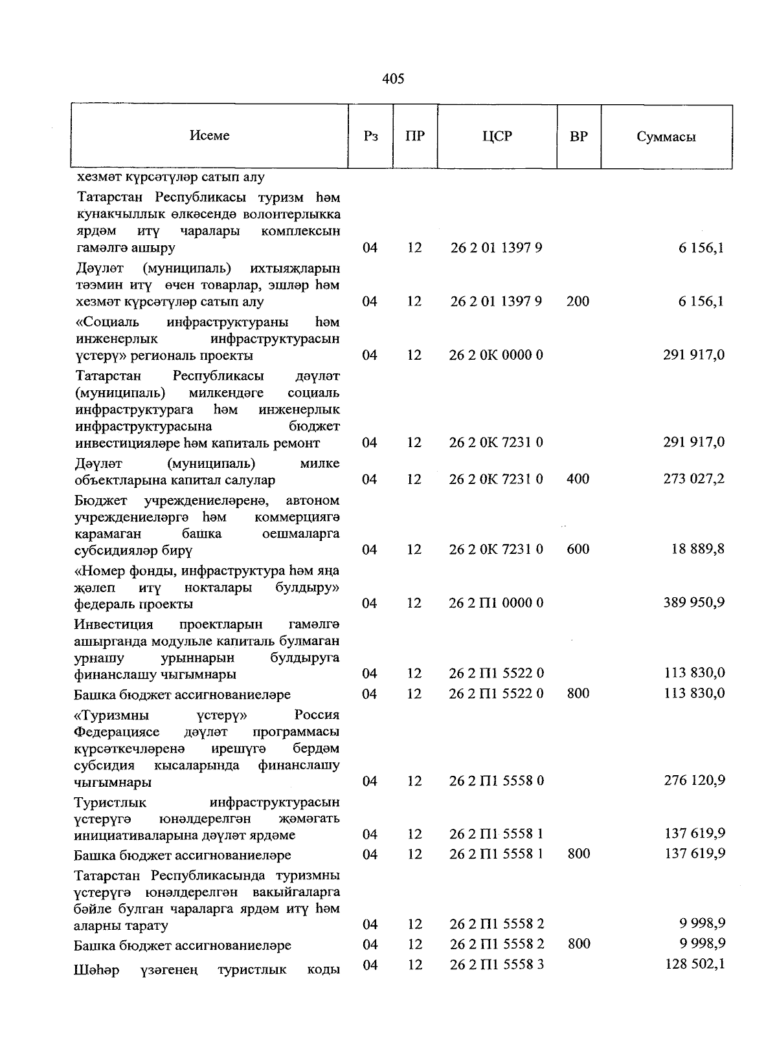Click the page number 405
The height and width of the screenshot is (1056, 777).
[393, 79]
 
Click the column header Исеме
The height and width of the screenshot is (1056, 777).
[210, 136]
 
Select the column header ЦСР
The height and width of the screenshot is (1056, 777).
[497, 137]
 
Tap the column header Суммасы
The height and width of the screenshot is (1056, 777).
[666, 137]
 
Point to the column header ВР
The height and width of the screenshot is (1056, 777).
[579, 137]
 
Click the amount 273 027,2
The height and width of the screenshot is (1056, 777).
[693, 479]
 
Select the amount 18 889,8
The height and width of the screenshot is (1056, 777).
[697, 549]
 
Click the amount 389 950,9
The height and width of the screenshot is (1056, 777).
[693, 602]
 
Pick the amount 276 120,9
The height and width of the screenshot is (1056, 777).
[693, 780]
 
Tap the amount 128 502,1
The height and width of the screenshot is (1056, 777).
[695, 964]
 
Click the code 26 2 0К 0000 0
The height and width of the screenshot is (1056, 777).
[496, 355]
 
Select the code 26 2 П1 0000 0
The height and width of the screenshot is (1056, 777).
[496, 603]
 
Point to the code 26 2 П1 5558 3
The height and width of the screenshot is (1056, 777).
[496, 965]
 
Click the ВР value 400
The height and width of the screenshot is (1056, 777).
[578, 479]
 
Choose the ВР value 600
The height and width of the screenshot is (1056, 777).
[578, 549]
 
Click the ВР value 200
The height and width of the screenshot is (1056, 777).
[578, 302]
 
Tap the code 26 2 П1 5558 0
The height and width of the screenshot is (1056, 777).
[496, 781]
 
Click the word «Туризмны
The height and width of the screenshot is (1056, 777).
[111, 716]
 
